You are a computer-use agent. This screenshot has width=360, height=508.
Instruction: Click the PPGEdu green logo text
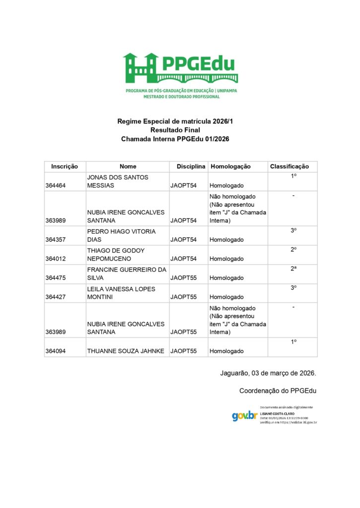tap(198, 64)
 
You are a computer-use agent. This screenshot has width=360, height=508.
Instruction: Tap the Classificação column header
tap(289, 167)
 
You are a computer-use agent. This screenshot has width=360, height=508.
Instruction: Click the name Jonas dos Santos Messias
tap(118, 181)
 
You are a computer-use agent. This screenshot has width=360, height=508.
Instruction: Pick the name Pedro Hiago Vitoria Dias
tap(121, 236)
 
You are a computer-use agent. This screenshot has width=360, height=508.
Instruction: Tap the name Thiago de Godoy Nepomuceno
tap(116, 254)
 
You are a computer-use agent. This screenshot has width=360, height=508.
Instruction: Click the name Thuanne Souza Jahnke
tap(126, 351)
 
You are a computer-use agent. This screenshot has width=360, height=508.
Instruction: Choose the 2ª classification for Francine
tap(293, 268)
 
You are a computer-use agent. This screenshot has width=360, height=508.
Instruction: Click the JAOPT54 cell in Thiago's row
tap(183, 259)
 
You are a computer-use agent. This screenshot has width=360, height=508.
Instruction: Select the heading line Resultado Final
tap(175, 130)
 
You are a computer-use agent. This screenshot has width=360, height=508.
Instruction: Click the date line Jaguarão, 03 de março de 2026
tap(268, 372)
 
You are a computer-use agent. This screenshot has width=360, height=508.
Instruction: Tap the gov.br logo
tap(244, 416)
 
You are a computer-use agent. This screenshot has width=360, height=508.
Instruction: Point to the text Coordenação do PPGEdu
tap(278, 391)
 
